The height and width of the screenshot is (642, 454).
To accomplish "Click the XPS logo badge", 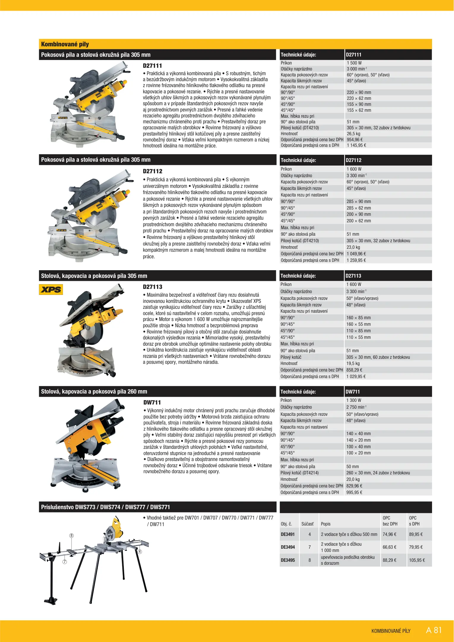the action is [x=51, y=289].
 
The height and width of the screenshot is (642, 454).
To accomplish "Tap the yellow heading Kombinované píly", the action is [x=65, y=44].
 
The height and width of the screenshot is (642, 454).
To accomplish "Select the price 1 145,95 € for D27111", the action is [x=356, y=145].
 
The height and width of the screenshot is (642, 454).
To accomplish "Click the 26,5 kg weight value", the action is [x=353, y=134].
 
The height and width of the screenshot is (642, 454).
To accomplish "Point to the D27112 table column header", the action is [x=353, y=160].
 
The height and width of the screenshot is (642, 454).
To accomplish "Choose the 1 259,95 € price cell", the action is [x=356, y=260].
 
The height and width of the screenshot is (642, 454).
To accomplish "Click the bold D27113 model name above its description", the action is [x=152, y=287].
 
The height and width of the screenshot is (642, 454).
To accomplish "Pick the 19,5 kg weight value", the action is [x=353, y=364].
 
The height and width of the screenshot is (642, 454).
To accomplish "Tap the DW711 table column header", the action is [x=352, y=392].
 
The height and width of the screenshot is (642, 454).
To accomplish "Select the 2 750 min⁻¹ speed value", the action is [x=356, y=407].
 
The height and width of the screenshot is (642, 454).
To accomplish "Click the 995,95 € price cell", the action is [x=354, y=492].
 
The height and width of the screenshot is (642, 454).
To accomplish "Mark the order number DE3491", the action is [x=288, y=534].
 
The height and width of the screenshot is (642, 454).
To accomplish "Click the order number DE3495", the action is [x=288, y=560].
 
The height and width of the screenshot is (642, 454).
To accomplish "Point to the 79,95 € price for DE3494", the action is [x=416, y=547].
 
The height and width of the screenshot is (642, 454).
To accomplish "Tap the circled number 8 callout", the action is [x=71, y=536].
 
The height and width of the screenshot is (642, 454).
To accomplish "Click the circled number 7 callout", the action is [x=64, y=562].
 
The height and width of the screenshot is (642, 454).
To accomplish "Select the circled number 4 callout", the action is [x=140, y=552].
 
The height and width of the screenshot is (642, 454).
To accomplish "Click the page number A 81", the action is [x=434, y=630].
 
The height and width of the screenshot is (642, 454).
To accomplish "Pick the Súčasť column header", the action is [x=307, y=524].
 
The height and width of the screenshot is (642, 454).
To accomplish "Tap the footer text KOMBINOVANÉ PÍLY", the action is [x=391, y=631].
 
